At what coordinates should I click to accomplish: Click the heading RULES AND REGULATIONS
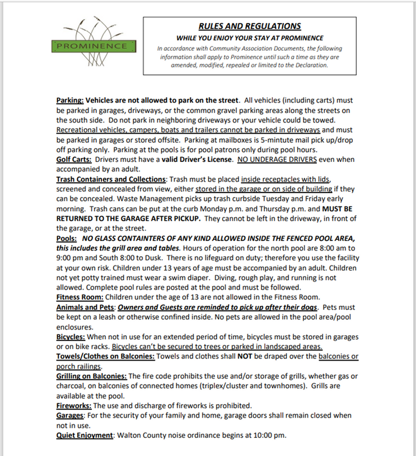click(x=249, y=27)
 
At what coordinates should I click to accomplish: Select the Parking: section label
click(x=70, y=100)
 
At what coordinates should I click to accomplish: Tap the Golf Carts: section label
click(x=74, y=160)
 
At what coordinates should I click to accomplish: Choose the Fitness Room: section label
click(x=79, y=297)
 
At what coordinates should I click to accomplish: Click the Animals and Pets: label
click(x=85, y=308)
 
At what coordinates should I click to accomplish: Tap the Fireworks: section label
click(x=74, y=406)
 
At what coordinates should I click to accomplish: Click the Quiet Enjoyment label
click(x=85, y=435)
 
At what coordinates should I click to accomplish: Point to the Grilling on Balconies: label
click(x=91, y=376)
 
